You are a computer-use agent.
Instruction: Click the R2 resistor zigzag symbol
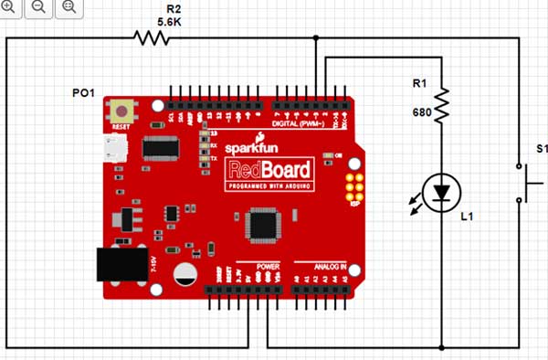(153, 37)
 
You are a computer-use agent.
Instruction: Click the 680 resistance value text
(421, 113)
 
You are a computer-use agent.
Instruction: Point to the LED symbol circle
(443, 192)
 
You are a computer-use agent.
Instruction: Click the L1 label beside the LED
(467, 217)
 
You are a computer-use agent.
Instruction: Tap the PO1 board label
(84, 93)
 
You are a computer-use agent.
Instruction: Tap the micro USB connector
(116, 148)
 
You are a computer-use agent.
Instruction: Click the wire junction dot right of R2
(316, 38)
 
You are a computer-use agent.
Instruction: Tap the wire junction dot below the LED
(442, 347)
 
